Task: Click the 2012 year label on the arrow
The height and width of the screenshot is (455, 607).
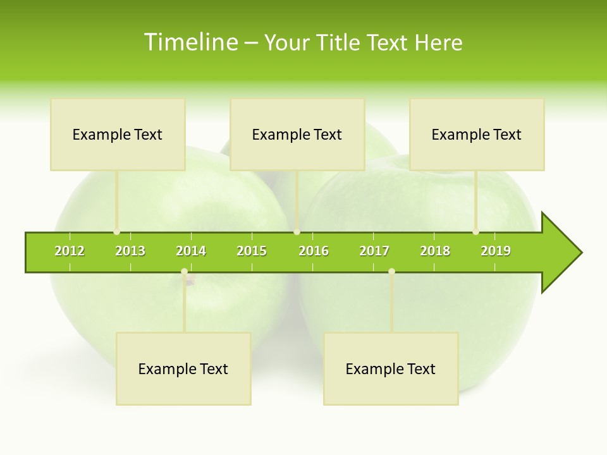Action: pos(70,251)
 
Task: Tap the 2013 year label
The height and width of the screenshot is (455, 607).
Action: pos(130,251)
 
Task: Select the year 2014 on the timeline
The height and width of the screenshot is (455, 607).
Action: pos(191,251)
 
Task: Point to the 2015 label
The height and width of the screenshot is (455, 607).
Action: pos(252,251)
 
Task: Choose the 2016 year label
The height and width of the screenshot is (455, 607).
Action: pos(314,251)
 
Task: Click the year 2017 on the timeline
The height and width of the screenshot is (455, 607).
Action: pos(374,251)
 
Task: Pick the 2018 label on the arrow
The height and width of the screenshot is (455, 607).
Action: pos(435,251)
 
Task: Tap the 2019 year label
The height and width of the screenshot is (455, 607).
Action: pos(496,251)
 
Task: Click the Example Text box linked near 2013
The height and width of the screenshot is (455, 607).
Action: pos(118,135)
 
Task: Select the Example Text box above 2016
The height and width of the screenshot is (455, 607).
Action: pos(297,135)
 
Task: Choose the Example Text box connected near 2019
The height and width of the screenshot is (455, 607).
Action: pos(477,135)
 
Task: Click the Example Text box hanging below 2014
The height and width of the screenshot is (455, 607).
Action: pos(183,369)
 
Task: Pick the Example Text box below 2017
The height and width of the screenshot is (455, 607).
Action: pos(391,369)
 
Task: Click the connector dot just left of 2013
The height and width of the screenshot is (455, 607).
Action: pos(116,232)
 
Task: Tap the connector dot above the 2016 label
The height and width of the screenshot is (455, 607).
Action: pos(297,232)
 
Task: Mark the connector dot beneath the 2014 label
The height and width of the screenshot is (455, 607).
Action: pos(184,272)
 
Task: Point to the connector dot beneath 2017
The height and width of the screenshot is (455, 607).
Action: pos(391,272)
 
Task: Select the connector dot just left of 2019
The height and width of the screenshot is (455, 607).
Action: pos(475,232)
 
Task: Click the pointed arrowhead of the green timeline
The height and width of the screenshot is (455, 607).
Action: pos(563,253)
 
